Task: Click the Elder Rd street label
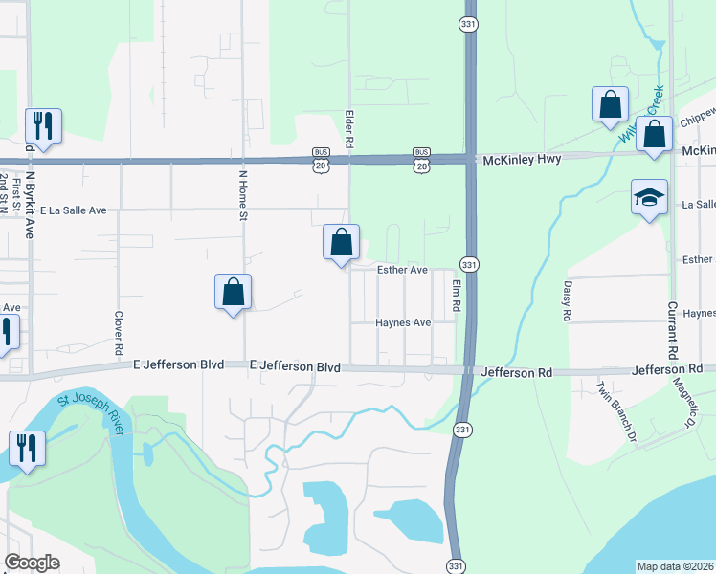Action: pos(350,128)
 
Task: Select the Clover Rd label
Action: pos(120,329)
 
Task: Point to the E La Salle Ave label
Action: pos(73,209)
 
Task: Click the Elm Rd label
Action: pos(458,294)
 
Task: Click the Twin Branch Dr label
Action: pos(615,410)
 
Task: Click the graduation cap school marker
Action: pos(649,198)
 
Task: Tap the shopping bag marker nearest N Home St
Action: pos(233,293)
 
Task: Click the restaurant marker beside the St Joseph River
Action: pos(26,448)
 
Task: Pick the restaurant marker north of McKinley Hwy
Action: pos(43,125)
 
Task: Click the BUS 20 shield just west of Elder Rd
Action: pos(321,160)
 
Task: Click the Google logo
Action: pos(32,563)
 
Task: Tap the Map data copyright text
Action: pos(675,566)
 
